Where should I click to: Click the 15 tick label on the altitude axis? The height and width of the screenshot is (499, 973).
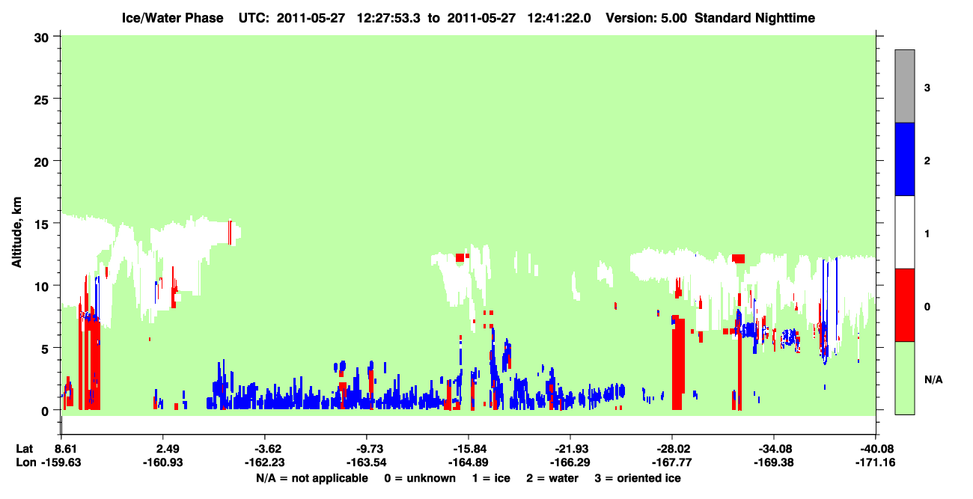[x=41, y=224]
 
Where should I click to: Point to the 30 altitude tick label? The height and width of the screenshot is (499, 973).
[x=41, y=38]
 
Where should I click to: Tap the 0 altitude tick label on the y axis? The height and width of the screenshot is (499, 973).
[x=45, y=411]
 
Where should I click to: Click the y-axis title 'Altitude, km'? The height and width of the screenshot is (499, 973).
[x=16, y=232]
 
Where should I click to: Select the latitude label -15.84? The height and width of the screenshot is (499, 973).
[x=469, y=449]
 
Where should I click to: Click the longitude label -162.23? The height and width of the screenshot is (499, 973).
[x=264, y=462]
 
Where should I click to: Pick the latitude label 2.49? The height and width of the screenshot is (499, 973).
[x=167, y=449]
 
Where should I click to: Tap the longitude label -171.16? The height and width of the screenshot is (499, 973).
[x=875, y=462]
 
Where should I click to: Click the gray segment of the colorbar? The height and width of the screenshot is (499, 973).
[x=905, y=86]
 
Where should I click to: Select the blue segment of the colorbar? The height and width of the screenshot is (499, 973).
[x=905, y=159]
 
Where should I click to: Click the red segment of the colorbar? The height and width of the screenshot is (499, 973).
[x=905, y=305]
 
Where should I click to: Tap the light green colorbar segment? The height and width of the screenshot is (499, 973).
[x=905, y=379]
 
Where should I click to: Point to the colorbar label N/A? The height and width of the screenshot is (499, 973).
[x=933, y=380]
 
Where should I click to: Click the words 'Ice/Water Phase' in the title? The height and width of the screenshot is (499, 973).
[x=172, y=18]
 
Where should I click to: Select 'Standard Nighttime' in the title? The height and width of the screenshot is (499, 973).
[x=755, y=18]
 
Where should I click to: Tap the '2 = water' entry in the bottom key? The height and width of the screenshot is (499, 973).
[x=552, y=478]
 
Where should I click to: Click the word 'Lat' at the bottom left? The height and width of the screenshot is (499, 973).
[x=24, y=449]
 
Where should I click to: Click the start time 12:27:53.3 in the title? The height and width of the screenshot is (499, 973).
[x=388, y=18]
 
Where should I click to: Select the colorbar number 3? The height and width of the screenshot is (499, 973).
[x=927, y=88]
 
